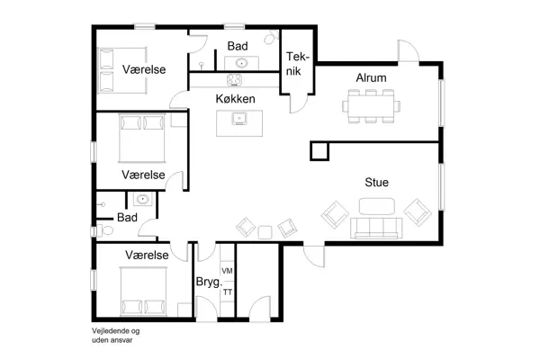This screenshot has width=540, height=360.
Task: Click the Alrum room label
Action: coord(371,78)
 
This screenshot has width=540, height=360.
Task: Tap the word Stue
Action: coord(376,183)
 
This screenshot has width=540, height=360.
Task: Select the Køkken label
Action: coord(235,98)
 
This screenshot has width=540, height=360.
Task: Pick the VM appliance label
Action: coord(228,271)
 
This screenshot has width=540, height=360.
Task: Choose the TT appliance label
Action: coord(228,292)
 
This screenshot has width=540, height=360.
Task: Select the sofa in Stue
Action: coord(375,229)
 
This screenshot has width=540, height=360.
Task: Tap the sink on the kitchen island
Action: coord(238,118)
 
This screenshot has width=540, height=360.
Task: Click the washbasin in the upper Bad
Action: coord(241,62)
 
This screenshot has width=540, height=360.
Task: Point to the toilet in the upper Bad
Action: coord(270,41)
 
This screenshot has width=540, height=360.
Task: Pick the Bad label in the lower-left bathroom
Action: coord(127,218)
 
